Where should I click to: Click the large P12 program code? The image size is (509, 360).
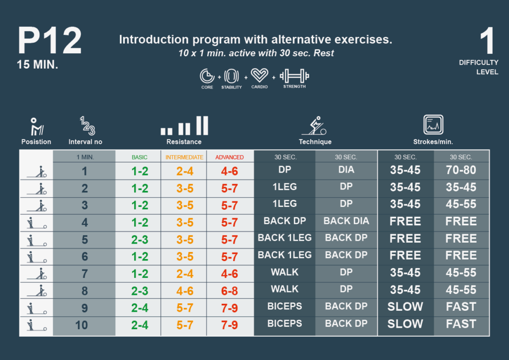49,41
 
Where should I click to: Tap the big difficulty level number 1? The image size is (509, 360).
488,42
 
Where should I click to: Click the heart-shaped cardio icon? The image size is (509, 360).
259,76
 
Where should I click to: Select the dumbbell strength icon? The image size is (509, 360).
294,76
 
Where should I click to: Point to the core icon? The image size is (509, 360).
207,76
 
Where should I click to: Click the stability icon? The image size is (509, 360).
232,76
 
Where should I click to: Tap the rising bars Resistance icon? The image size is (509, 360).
184,126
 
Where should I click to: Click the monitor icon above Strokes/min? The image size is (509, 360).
433,125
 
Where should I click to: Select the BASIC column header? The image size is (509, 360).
139,157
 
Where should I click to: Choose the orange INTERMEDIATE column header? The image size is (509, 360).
184,157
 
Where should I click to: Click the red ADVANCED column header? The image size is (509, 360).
229,157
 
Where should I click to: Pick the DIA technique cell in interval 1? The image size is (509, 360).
346,170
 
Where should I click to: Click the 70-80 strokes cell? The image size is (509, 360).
461,171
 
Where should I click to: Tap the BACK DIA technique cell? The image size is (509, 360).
346,221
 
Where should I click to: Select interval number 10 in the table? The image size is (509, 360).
85,325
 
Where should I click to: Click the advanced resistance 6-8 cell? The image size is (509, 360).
229,290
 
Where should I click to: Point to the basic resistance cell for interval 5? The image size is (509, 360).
139,239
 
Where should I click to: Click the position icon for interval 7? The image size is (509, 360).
36,273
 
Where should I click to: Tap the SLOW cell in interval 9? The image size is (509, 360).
405,307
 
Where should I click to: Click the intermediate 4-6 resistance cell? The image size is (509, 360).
184,290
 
